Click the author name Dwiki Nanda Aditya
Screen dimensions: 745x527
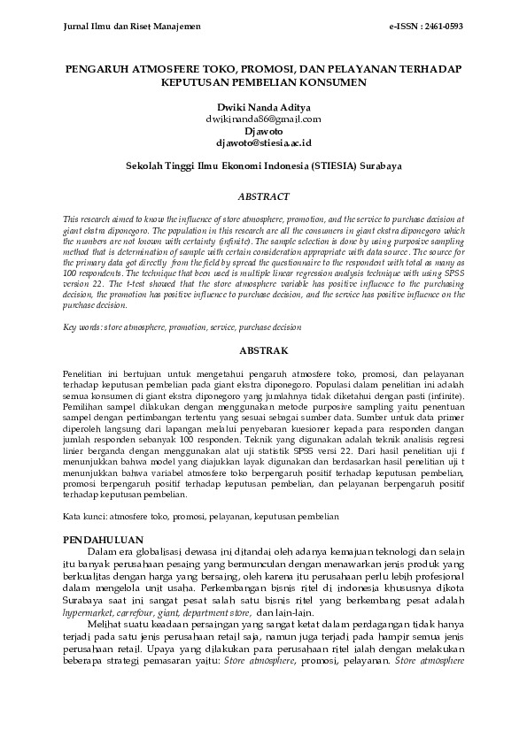pos(263,106)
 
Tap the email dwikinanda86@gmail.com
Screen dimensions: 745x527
pos(263,118)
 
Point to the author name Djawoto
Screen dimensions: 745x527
pos(263,130)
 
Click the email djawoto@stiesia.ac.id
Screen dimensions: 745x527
pos(263,142)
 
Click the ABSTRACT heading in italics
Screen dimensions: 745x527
pos(263,196)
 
